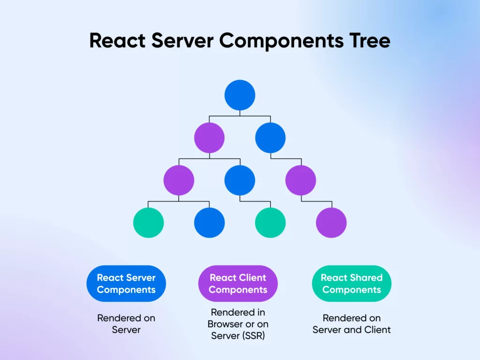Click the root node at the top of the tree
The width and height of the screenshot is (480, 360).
[x=240, y=95]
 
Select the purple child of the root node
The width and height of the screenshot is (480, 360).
[x=209, y=138]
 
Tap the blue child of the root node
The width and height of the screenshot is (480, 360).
[x=270, y=138]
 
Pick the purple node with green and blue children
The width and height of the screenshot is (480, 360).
[x=179, y=180]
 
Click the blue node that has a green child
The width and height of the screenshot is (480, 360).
[x=240, y=180]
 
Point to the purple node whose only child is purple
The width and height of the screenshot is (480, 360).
[x=300, y=180]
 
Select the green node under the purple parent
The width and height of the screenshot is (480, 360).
[x=149, y=223]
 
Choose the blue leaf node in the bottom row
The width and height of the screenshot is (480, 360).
[x=210, y=223]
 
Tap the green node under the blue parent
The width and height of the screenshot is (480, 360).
[x=270, y=223]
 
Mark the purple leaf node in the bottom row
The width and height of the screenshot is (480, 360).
[x=331, y=223]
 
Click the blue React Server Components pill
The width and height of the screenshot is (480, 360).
[x=126, y=284]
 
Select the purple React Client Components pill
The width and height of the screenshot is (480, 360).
[x=238, y=284]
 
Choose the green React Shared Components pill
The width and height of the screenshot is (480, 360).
[x=352, y=284]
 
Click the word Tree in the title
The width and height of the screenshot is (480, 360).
[x=366, y=41]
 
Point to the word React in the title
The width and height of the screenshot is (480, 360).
[x=117, y=41]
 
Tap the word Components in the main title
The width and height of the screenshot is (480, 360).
[x=281, y=41]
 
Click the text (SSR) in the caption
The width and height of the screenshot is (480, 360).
[x=254, y=336]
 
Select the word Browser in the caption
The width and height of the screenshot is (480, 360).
[x=225, y=324]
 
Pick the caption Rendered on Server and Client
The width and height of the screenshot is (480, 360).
[x=352, y=324]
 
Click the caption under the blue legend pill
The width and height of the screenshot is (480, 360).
[x=126, y=324]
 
